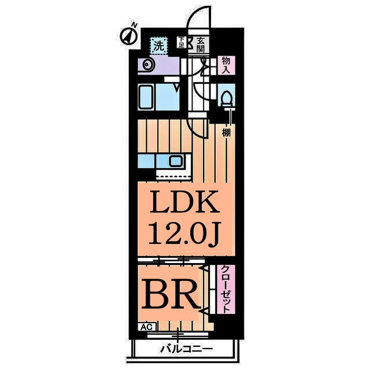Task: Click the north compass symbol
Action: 128,37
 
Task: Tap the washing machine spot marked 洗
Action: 160,46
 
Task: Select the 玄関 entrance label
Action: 201,45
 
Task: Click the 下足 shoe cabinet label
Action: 181,42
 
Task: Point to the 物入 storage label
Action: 226,65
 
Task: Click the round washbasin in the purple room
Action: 147,64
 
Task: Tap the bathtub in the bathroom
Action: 146,97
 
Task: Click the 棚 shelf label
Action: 226,133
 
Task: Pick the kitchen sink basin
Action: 176,161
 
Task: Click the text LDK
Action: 184,202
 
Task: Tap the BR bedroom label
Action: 171,294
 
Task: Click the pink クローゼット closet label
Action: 226,289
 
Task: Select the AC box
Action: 147,327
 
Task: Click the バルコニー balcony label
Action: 186,349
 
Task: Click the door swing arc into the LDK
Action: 194,129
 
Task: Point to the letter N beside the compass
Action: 134,24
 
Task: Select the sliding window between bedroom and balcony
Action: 177,335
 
